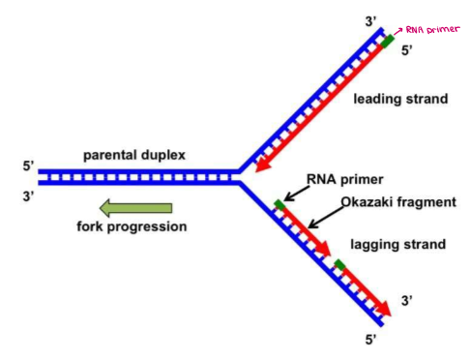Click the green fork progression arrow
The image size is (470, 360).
(x=135, y=208)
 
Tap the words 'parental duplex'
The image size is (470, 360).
(x=135, y=155)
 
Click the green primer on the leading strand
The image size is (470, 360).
(x=387, y=42)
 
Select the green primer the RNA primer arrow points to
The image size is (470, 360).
(x=279, y=204)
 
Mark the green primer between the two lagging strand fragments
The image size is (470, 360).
(x=338, y=263)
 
